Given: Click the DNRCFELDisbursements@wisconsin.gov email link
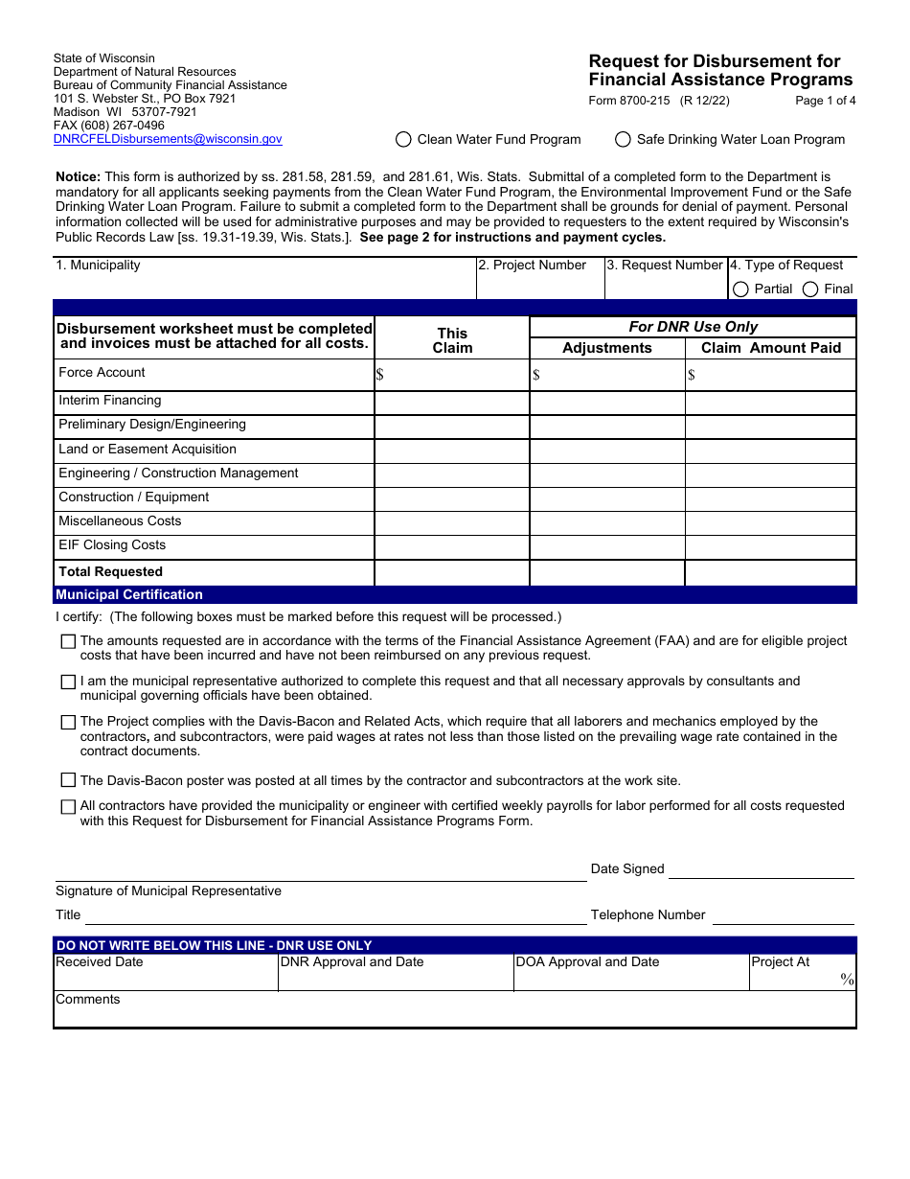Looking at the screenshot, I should pyautogui.click(x=168, y=139).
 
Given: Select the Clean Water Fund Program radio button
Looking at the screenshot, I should pyautogui.click(x=403, y=139).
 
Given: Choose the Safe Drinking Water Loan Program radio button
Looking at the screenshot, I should pyautogui.click(x=623, y=139).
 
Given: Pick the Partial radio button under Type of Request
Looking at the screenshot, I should pyautogui.click(x=740, y=289).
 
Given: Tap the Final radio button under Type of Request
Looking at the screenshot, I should pyautogui.click(x=810, y=289).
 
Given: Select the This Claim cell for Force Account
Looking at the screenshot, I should pyautogui.click(x=452, y=375).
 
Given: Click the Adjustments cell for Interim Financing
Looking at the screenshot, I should pyautogui.click(x=607, y=403).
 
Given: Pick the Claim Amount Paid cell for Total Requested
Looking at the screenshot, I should pyautogui.click(x=770, y=572).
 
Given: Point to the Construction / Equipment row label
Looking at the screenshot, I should pyautogui.click(x=134, y=497).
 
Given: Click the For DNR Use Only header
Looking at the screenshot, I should pyautogui.click(x=693, y=327).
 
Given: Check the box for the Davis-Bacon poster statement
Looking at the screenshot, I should pyautogui.click(x=68, y=780).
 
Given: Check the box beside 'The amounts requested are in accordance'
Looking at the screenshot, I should pyautogui.click(x=68, y=641).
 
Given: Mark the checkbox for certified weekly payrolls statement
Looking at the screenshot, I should pyautogui.click(x=68, y=807).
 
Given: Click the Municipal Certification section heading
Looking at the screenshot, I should pyautogui.click(x=129, y=595).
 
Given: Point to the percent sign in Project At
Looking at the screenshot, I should pyautogui.click(x=847, y=979).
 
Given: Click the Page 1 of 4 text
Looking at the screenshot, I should pyautogui.click(x=825, y=101).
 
